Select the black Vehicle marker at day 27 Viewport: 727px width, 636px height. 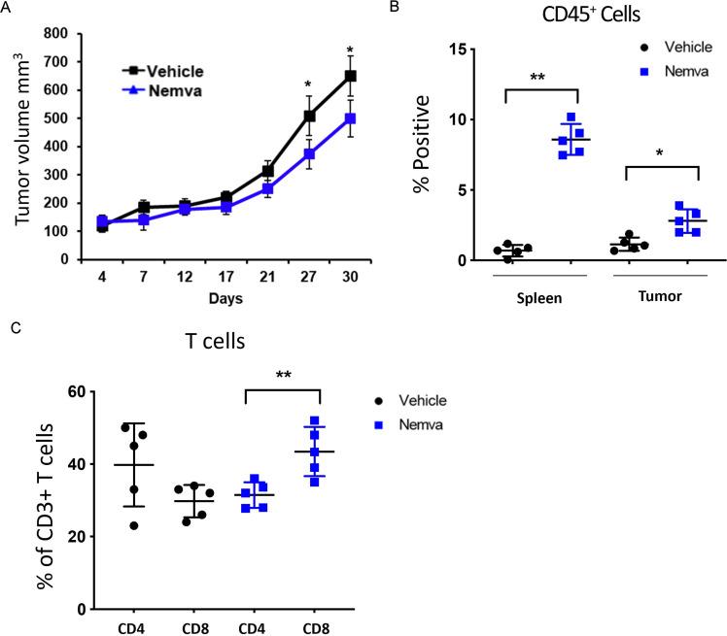(309, 116)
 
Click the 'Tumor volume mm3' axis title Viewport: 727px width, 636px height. (22, 146)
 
